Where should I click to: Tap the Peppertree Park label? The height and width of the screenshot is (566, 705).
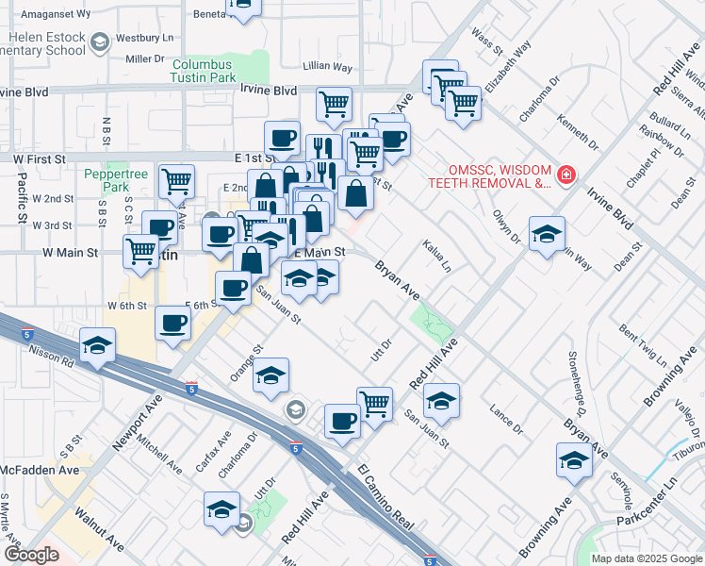[118, 180]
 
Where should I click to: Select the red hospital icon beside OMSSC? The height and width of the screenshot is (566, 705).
[566, 175]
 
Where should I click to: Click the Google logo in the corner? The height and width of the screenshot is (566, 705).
[31, 555]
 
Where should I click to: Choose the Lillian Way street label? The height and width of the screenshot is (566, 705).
[327, 68]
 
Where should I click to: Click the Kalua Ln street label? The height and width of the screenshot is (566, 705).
[436, 254]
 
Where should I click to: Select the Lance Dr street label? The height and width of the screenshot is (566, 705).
[506, 419]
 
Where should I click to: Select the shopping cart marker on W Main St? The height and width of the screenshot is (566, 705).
[141, 252]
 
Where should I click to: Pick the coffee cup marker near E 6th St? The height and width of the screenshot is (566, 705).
[173, 324]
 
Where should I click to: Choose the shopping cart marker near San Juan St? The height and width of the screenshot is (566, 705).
[374, 404]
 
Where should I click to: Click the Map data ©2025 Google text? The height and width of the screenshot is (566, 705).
[646, 558]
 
